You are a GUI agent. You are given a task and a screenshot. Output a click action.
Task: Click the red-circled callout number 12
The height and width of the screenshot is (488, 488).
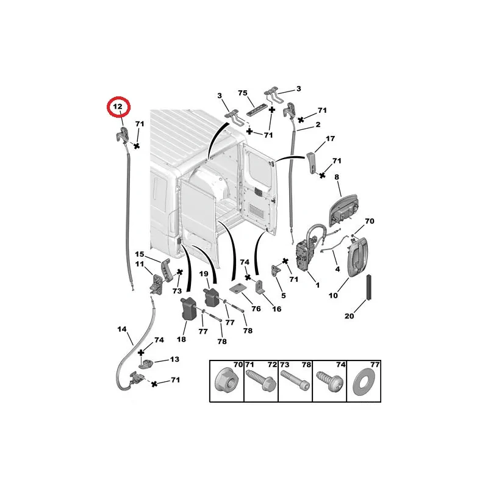tap(118, 107)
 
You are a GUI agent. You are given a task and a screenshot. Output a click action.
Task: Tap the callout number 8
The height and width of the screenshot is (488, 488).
tap(337, 177)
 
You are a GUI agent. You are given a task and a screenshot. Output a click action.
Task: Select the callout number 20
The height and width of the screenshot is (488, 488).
tap(349, 316)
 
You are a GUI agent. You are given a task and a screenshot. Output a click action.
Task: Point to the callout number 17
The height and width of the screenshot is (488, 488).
tap(330, 138)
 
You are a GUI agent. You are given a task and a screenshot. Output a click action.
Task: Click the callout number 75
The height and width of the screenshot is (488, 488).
tap(242, 93)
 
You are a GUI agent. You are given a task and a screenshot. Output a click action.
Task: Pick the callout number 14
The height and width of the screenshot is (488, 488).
tap(122, 329)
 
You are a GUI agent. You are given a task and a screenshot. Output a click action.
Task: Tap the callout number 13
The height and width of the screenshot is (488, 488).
tap(174, 359)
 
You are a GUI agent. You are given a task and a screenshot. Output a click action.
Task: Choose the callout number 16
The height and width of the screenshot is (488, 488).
tap(276, 309)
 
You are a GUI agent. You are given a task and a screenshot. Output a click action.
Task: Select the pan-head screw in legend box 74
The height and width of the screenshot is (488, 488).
tap(329, 379)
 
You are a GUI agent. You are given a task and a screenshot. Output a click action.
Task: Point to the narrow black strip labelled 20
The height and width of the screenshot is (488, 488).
tap(369, 287)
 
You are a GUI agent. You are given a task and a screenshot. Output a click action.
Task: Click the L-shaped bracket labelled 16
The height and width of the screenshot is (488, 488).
tap(260, 287)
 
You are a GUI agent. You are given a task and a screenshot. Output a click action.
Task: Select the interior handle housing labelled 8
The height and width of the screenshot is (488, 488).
tap(343, 210)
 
